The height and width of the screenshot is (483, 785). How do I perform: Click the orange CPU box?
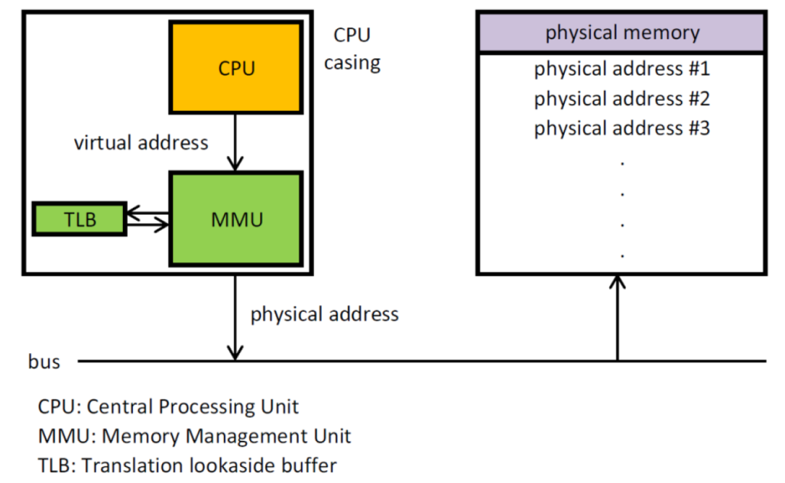tap(235, 68)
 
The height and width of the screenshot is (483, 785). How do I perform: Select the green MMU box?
tap(235, 219)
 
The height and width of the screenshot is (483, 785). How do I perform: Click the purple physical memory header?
tap(621, 33)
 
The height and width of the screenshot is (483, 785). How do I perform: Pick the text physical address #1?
tap(621, 70)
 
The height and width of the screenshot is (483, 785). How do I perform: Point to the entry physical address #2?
tap(621, 99)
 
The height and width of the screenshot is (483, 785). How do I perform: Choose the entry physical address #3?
tap(621, 129)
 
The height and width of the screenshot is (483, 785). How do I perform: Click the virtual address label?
tap(141, 142)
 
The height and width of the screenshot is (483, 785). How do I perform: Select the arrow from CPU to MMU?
tap(235, 142)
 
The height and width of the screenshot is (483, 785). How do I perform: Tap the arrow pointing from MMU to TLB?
tap(147, 214)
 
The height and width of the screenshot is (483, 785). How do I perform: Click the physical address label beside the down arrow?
tap(324, 314)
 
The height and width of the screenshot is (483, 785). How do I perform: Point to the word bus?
tap(44, 361)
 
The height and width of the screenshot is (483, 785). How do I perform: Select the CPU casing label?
tap(352, 49)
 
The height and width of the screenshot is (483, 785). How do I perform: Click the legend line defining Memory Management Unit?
tap(195, 436)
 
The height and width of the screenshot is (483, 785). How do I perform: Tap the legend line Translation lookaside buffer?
tap(188, 465)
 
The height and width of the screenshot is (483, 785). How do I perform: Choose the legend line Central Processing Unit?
tap(169, 406)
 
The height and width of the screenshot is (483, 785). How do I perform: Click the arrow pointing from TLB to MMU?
tap(148, 225)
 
